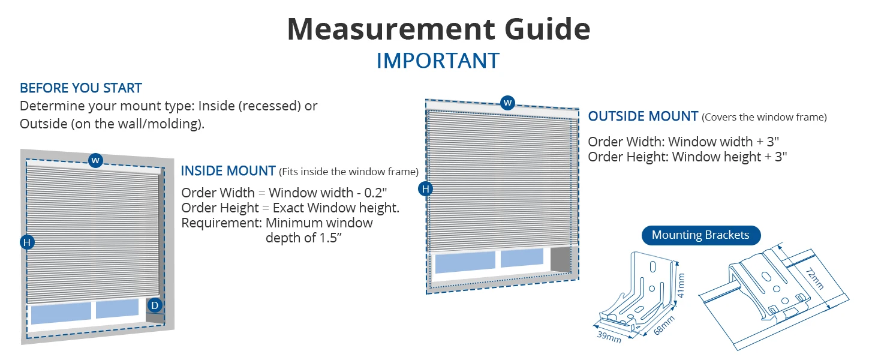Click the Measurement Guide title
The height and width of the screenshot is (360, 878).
pyautogui.click(x=438, y=29)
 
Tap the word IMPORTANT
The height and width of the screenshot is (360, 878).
pyautogui.click(x=438, y=61)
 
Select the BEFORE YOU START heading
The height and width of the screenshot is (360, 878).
pyautogui.click(x=80, y=88)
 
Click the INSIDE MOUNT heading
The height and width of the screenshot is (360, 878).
pyautogui.click(x=228, y=171)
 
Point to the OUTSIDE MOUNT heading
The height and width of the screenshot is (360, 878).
pyautogui.click(x=643, y=116)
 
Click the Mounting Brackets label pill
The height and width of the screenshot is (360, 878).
pyautogui.click(x=700, y=235)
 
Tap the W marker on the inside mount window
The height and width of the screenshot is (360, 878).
pyautogui.click(x=95, y=160)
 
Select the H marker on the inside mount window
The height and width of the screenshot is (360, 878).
pyautogui.click(x=26, y=242)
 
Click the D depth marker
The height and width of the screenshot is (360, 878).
pyautogui.click(x=155, y=305)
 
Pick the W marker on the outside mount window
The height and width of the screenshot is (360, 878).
pyautogui.click(x=507, y=103)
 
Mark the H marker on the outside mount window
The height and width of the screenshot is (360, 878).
pyautogui.click(x=426, y=190)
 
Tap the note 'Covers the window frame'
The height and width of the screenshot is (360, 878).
pyautogui.click(x=764, y=118)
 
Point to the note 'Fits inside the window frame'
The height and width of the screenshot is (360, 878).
pyautogui.click(x=348, y=172)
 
